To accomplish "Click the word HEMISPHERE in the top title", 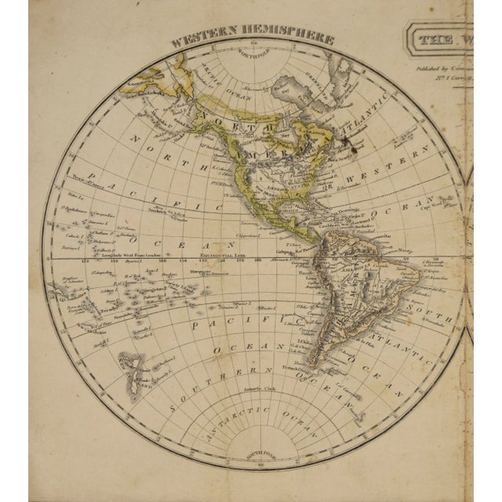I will [294, 38].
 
